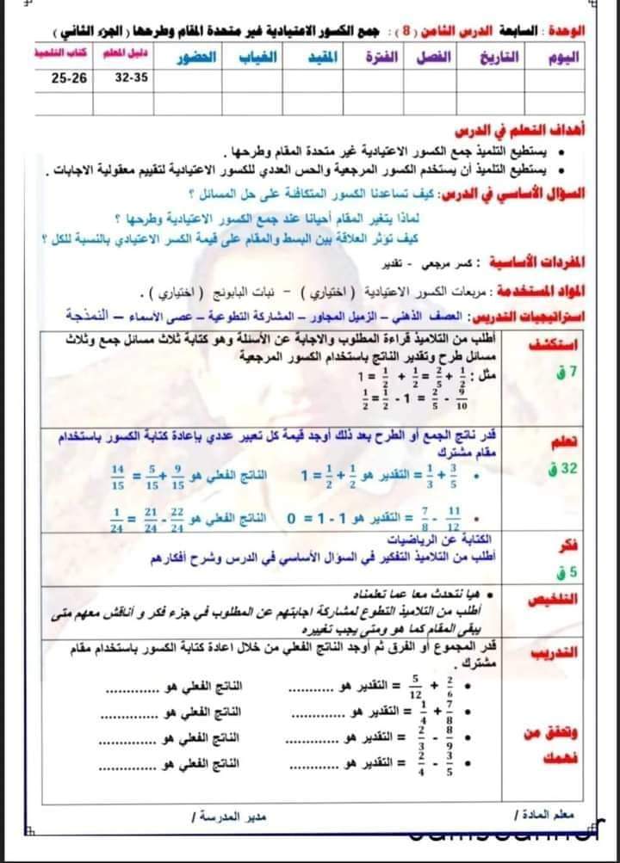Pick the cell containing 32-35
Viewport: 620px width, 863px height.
(x=131, y=78)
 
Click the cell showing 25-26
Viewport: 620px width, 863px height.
(x=69, y=78)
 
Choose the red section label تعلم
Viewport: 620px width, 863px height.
(x=565, y=442)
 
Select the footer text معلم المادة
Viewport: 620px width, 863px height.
(x=542, y=814)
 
